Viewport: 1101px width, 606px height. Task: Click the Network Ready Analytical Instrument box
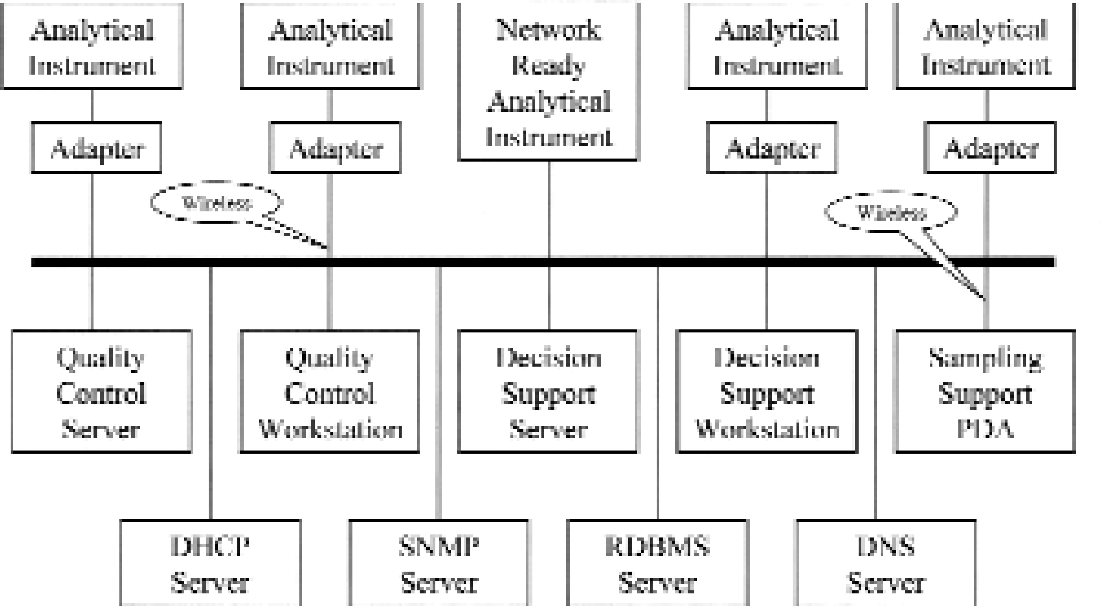click(x=548, y=81)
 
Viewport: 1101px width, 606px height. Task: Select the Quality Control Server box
click(x=101, y=391)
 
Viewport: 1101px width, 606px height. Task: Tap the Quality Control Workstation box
click(x=330, y=391)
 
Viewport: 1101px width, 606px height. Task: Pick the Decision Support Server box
click(x=548, y=391)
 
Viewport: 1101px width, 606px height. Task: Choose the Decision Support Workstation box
click(x=767, y=391)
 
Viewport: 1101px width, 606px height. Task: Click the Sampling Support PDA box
click(x=986, y=391)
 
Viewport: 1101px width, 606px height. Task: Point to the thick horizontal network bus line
click(x=543, y=262)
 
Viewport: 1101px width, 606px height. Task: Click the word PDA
click(x=986, y=429)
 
